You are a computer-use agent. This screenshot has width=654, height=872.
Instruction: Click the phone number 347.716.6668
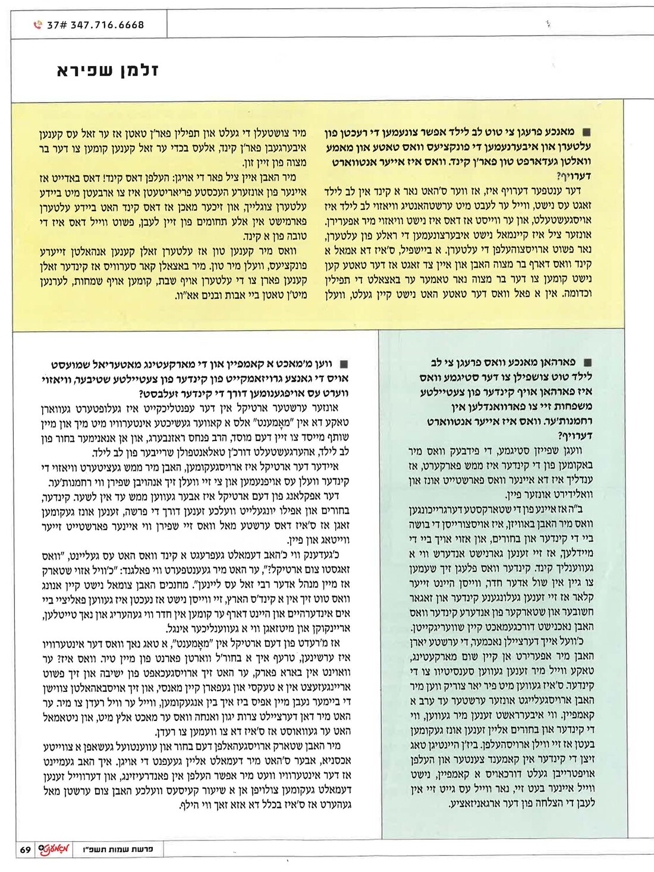tap(107, 25)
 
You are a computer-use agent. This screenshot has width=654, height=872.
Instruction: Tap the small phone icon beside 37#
tap(38, 25)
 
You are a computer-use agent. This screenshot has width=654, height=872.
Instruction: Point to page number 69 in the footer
tap(25, 849)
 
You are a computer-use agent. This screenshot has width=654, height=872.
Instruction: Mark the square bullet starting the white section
tap(343, 364)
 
